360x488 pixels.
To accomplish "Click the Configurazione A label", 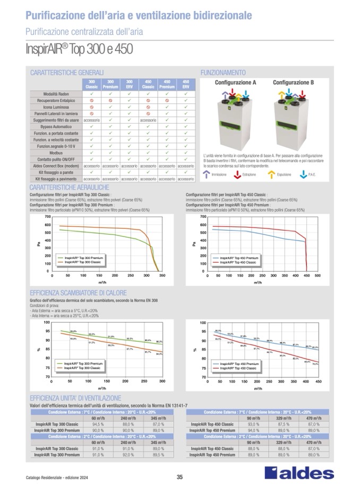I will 235,83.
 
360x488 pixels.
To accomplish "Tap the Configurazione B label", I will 293,83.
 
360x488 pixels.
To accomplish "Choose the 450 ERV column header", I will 186,83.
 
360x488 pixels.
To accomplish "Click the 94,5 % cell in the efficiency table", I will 98,424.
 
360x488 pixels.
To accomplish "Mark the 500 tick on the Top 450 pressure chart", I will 318,276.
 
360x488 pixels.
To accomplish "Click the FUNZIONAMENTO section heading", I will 222,72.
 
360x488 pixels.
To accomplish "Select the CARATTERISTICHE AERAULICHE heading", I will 70,188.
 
